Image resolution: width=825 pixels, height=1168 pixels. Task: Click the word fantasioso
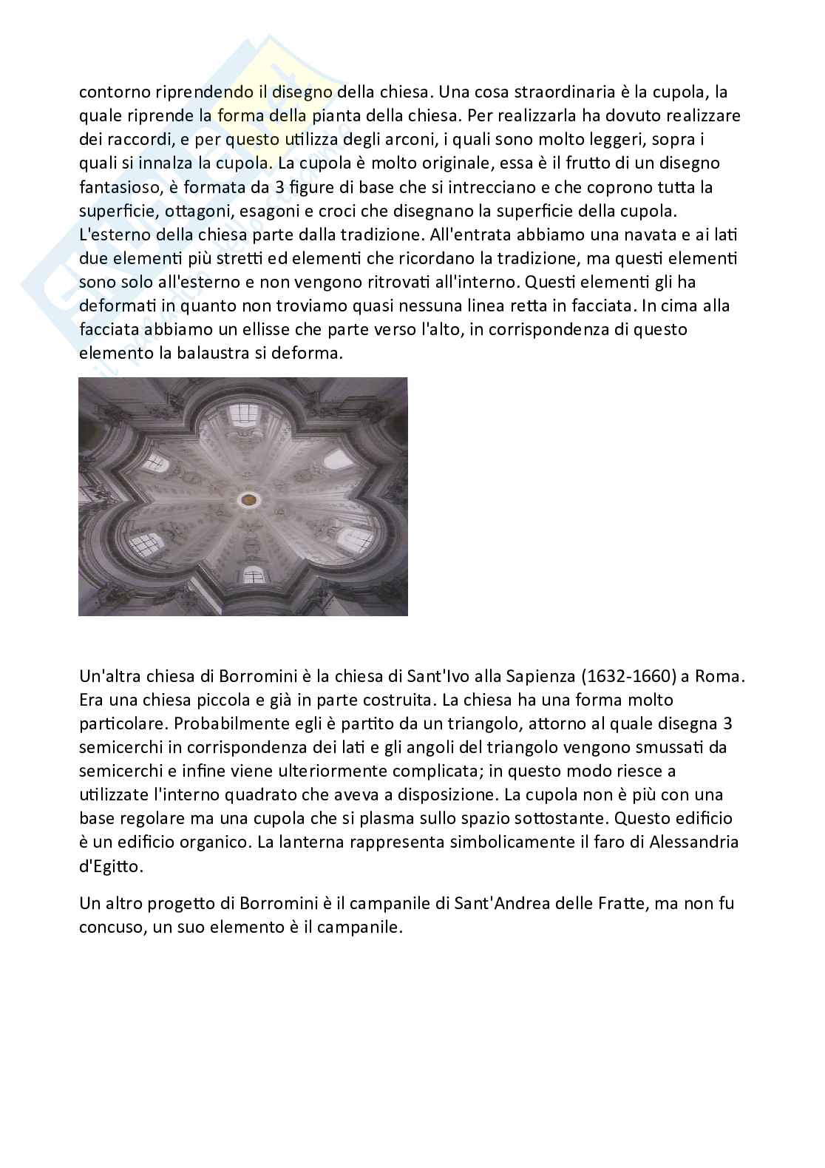(116, 187)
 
